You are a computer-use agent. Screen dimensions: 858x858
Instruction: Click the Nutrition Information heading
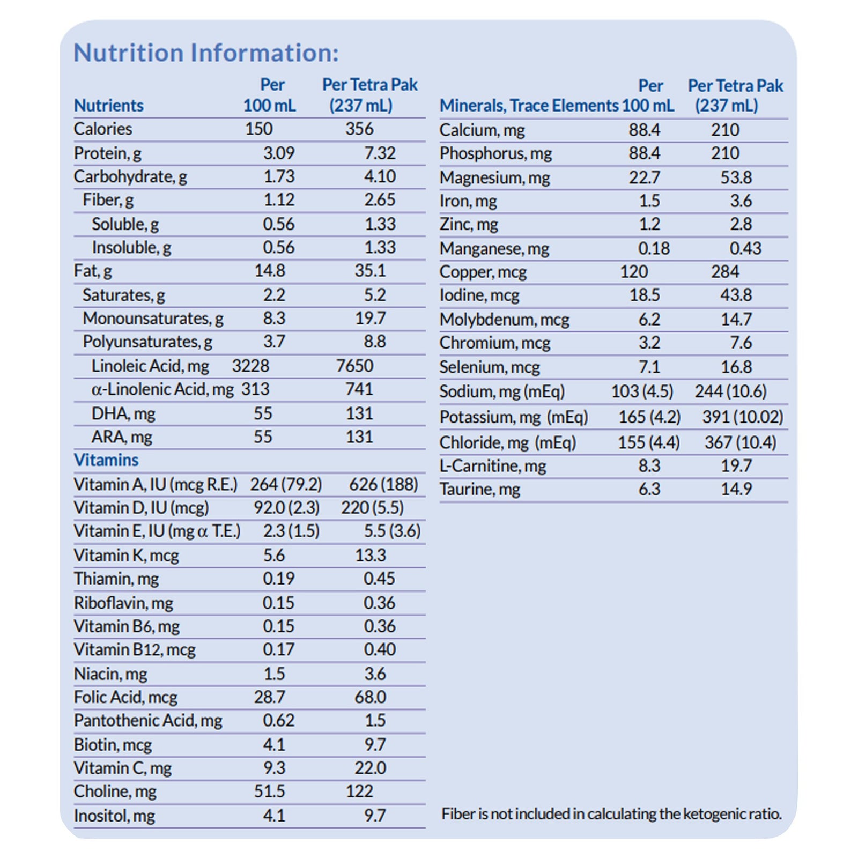pyautogui.click(x=206, y=53)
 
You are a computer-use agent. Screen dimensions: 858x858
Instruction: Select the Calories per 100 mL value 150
pyautogui.click(x=258, y=129)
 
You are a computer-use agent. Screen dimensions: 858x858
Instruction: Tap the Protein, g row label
pyautogui.click(x=107, y=153)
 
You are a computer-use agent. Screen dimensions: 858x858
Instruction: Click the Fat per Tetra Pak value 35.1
pyautogui.click(x=369, y=270)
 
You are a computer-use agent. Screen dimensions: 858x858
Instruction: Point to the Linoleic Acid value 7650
pyautogui.click(x=354, y=366)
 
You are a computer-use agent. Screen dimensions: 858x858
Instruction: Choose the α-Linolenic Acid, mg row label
pyautogui.click(x=162, y=389)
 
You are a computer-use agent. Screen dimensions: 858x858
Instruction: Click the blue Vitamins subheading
pyautogui.click(x=106, y=460)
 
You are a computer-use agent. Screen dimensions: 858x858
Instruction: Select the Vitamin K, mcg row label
pyautogui.click(x=126, y=555)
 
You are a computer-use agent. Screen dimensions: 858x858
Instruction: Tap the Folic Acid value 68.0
pyautogui.click(x=370, y=697)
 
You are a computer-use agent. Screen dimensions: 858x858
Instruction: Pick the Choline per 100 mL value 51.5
pyautogui.click(x=270, y=792)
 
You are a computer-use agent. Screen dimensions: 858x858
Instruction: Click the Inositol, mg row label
pyautogui.click(x=114, y=816)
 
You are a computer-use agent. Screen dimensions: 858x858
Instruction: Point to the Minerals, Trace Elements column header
pyautogui.click(x=529, y=106)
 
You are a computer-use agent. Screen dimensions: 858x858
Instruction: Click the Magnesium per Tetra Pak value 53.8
pyautogui.click(x=736, y=177)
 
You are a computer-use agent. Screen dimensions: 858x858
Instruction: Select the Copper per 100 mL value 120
pyautogui.click(x=634, y=272)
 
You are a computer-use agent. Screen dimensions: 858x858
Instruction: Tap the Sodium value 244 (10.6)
pyautogui.click(x=730, y=391)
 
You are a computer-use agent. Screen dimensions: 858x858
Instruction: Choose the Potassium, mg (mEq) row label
pyautogui.click(x=513, y=417)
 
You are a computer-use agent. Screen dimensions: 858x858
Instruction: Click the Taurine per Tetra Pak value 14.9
pyautogui.click(x=736, y=489)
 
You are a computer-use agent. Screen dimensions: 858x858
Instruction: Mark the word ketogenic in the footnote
pyautogui.click(x=714, y=814)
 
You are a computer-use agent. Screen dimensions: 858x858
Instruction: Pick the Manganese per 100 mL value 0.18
pyautogui.click(x=654, y=248)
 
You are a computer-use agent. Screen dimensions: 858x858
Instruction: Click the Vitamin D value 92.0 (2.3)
pyautogui.click(x=286, y=507)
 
